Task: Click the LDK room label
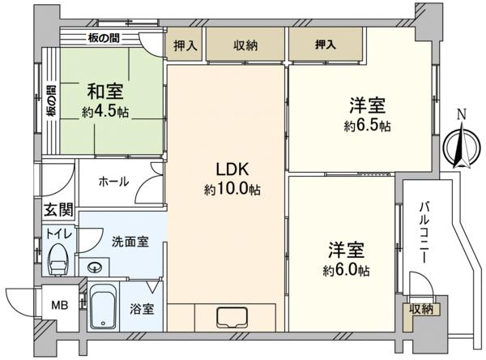tap(232, 169)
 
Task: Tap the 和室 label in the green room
tap(105, 92)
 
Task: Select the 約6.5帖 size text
tap(367, 126)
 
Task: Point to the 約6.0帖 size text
tap(346, 271)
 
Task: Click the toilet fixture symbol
tap(58, 259)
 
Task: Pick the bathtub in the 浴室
tap(104, 306)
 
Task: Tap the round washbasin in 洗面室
tap(94, 267)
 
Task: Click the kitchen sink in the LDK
tap(232, 318)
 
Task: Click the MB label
tap(60, 306)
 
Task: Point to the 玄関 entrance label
tap(58, 210)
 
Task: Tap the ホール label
tap(113, 182)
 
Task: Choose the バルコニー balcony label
tap(424, 233)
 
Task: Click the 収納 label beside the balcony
tap(421, 310)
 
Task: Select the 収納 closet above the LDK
tap(245, 45)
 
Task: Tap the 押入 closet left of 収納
tap(185, 45)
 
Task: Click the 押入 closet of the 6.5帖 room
tap(326, 45)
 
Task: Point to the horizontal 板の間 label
tap(104, 38)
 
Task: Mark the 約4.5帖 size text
tap(105, 111)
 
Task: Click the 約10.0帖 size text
tap(232, 189)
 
